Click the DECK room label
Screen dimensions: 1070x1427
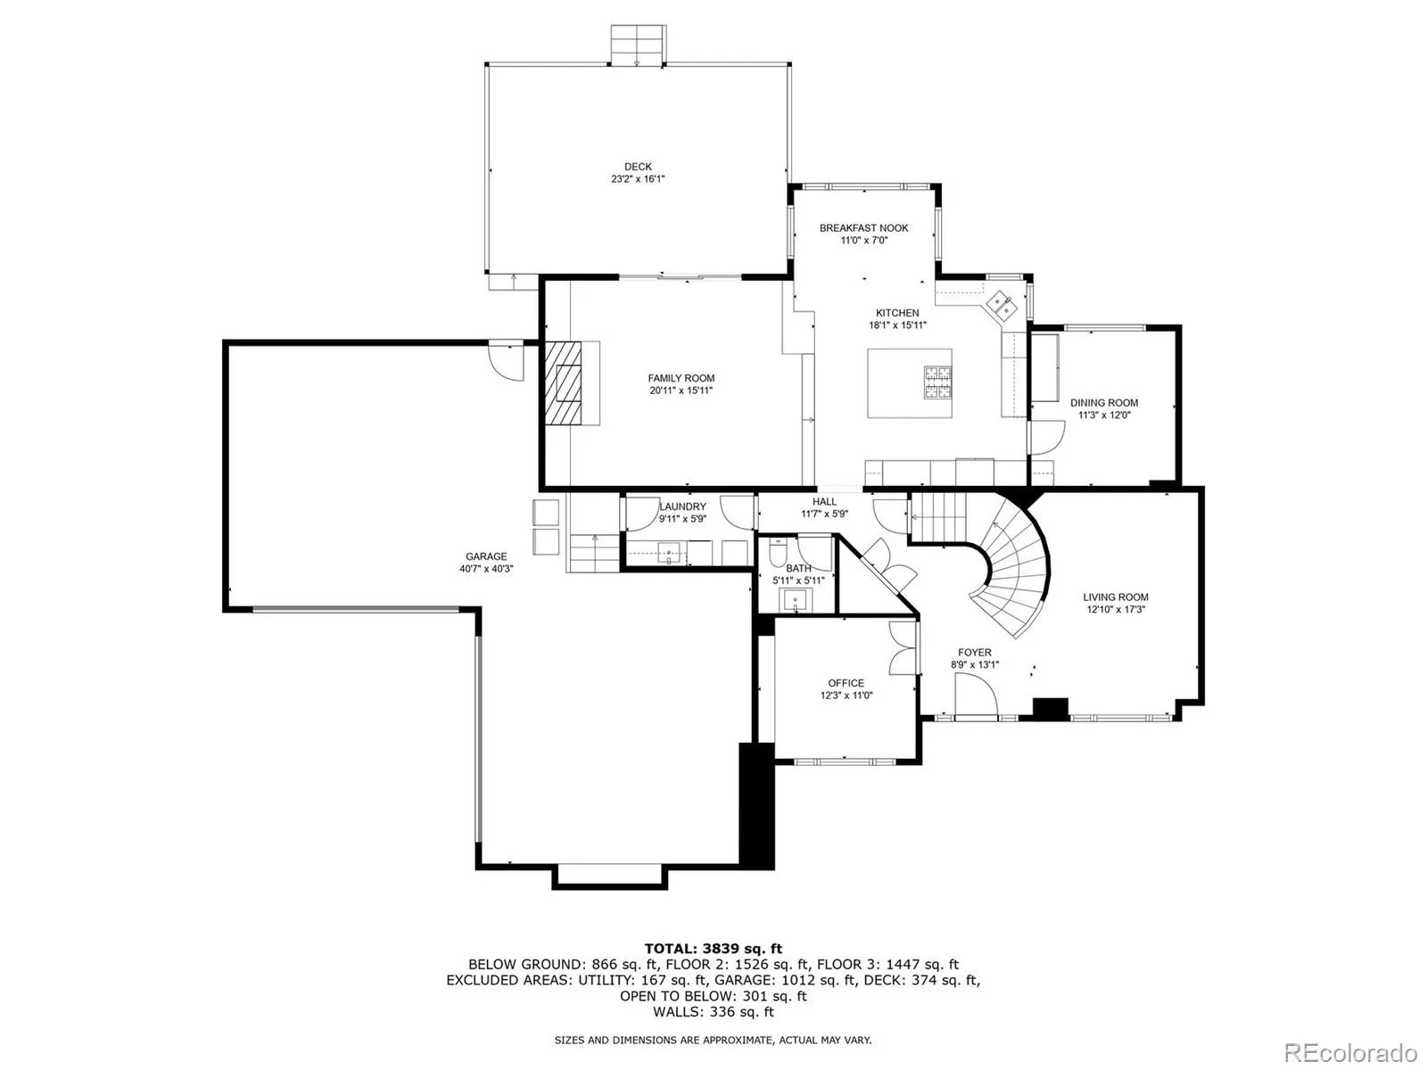click(638, 167)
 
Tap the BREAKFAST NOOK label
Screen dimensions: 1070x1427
click(863, 228)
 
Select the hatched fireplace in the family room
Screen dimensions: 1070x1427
click(565, 384)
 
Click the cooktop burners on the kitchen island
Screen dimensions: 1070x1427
click(937, 382)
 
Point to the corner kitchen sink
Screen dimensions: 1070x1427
click(1002, 303)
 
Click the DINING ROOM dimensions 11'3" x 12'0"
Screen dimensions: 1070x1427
click(1104, 415)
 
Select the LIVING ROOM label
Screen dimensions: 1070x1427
click(1115, 597)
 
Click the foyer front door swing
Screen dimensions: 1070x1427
click(976, 695)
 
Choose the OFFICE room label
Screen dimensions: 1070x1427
click(845, 683)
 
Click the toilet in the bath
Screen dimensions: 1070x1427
click(776, 555)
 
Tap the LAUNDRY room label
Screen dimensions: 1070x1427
click(682, 506)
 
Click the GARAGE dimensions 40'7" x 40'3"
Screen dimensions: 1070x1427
click(486, 569)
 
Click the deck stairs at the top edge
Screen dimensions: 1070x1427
click(638, 44)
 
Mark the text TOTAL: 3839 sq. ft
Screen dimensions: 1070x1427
click(713, 949)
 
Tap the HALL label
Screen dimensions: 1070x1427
click(824, 502)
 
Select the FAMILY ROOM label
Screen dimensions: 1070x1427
click(681, 378)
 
